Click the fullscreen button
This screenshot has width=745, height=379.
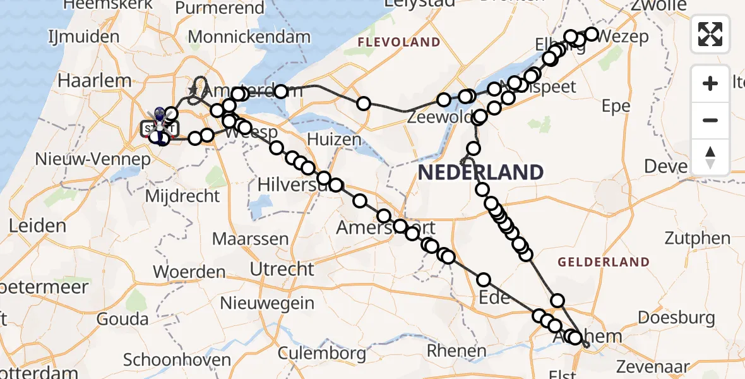710,33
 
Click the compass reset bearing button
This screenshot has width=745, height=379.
710,157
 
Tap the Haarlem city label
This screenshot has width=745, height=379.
95,81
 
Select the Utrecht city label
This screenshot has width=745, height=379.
282,269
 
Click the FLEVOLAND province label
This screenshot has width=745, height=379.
399,42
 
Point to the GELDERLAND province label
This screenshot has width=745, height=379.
604,262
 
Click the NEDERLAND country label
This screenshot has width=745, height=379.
480,172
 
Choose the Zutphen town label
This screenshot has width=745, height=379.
697,239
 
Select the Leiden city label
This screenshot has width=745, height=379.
37,226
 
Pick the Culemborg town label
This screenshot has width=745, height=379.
321,352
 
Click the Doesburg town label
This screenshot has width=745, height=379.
676,318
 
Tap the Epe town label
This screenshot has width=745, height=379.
616,106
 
